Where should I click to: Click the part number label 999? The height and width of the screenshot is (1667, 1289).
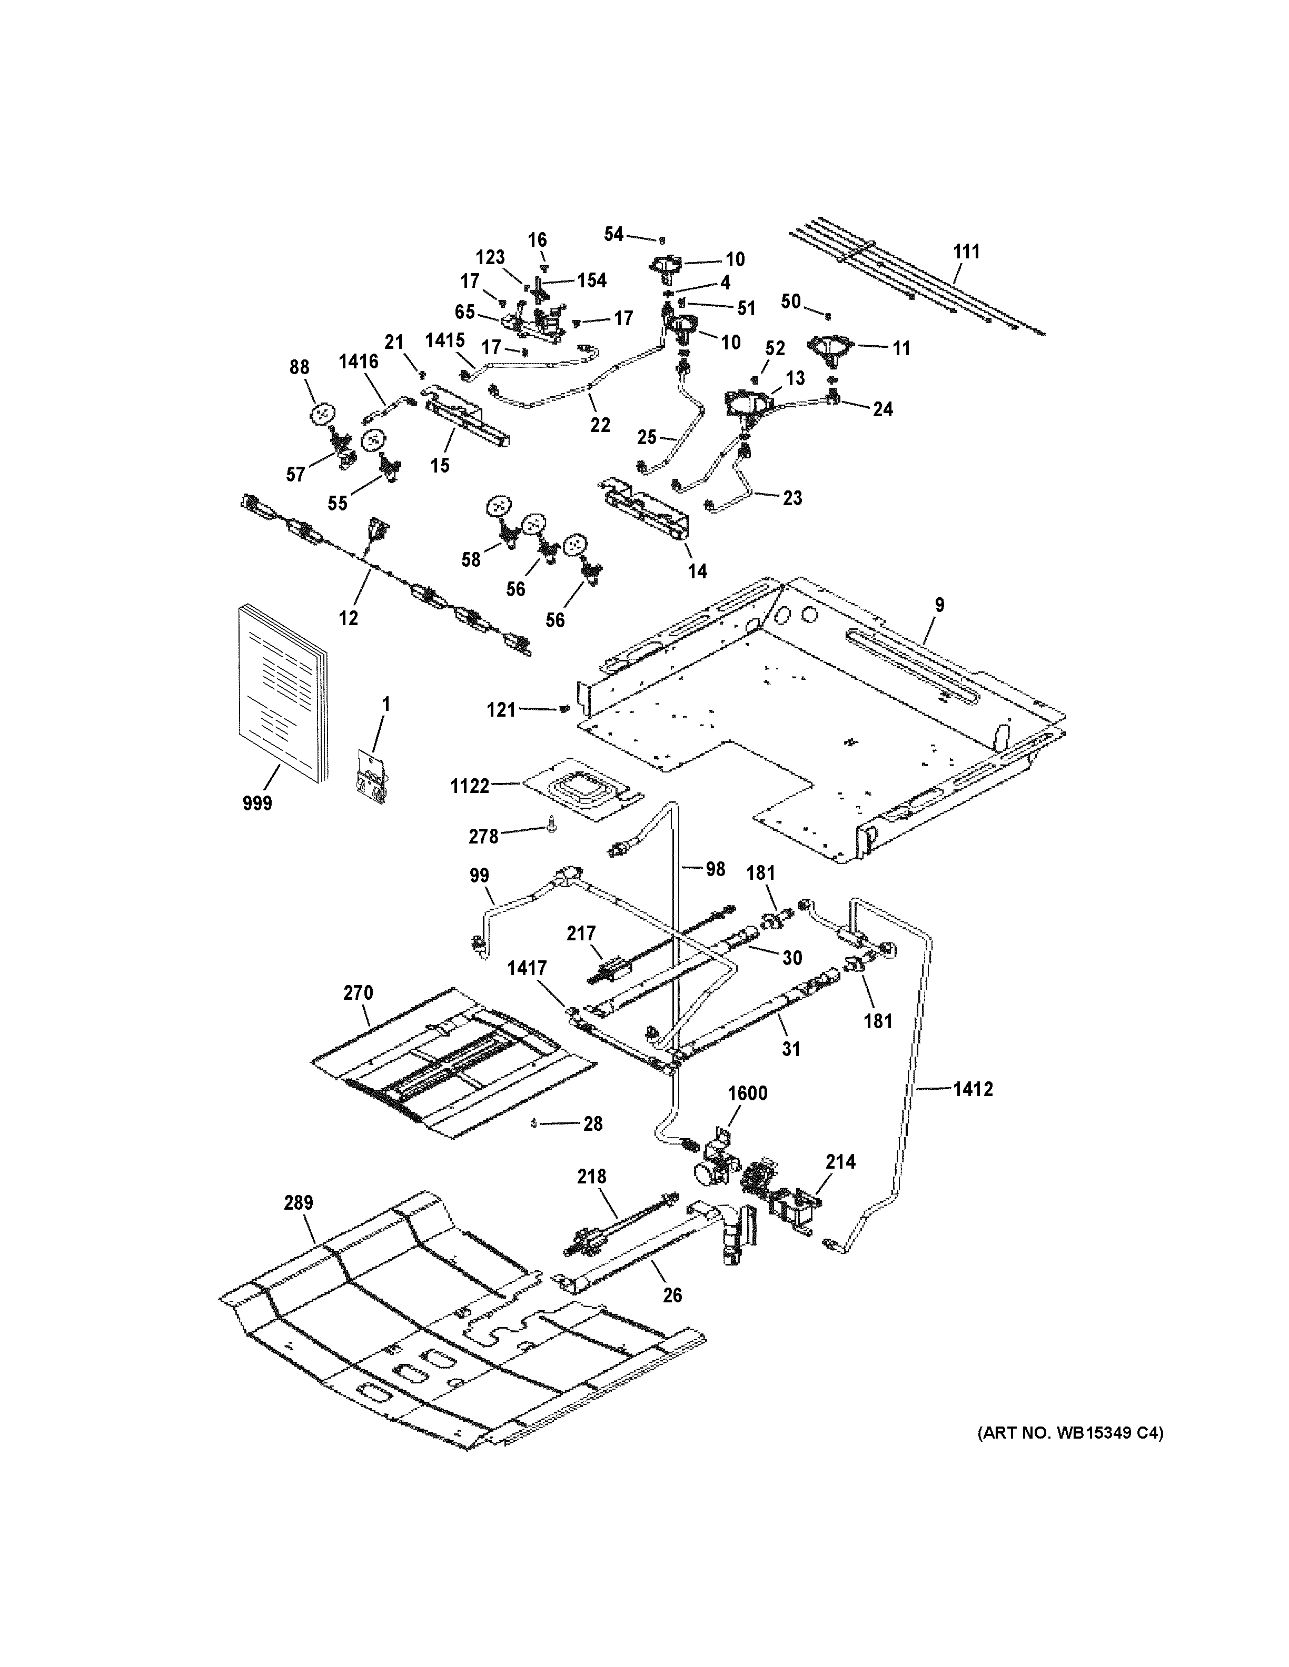pos(257,803)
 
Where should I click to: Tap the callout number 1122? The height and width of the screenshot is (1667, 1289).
pos(470,786)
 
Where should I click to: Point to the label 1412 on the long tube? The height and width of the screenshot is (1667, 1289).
pos(973,1089)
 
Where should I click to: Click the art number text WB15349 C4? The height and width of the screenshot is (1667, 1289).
pos(1070,1433)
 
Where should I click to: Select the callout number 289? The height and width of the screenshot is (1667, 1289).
pos(299,1203)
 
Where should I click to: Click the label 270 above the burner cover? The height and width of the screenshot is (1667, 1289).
pos(358,993)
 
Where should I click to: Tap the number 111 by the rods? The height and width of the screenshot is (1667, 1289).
pos(967,251)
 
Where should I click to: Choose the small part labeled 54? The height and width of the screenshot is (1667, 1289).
pos(661,239)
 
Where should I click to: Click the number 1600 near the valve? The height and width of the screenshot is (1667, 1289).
pos(747,1093)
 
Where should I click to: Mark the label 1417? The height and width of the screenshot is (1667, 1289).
pos(527,969)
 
